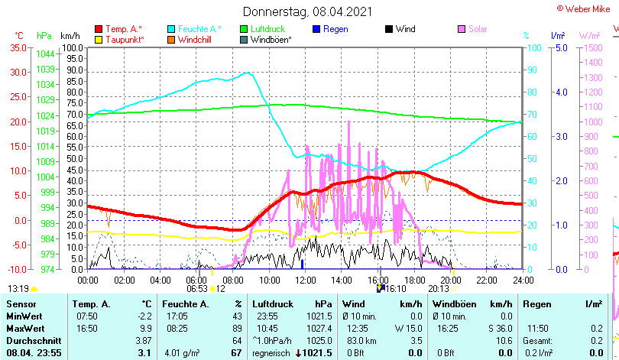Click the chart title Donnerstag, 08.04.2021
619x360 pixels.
pos(309,11)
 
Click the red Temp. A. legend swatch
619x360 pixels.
pos(99,29)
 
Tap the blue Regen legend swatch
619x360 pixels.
pos(316,29)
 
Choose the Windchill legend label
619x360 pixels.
pos(195,39)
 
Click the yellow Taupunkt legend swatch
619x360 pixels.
pos(99,39)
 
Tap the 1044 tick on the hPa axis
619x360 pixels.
pos(45,54)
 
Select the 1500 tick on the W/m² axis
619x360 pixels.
pos(589,47)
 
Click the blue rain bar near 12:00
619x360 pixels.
pos(303,264)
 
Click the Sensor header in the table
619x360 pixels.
pos(21,304)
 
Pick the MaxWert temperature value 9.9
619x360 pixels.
pos(147,328)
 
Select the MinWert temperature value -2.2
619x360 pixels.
pos(145,316)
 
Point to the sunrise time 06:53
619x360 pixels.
pos(197,289)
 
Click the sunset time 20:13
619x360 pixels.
pos(439,289)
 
